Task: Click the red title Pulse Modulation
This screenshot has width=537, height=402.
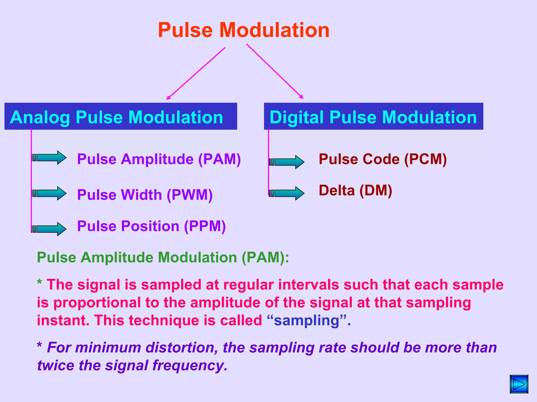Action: pyautogui.click(x=244, y=30)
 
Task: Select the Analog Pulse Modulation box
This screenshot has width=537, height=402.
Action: pyautogui.click(x=121, y=116)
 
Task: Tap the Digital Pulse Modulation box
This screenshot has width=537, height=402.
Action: pyautogui.click(x=373, y=116)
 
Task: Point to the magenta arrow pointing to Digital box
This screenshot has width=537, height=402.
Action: pyautogui.click(x=275, y=71)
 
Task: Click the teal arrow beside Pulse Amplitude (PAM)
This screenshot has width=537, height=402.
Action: pyautogui.click(x=49, y=158)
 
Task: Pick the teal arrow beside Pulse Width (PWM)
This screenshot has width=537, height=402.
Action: pyautogui.click(x=49, y=193)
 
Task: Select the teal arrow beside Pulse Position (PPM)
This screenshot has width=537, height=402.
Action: pyautogui.click(x=49, y=229)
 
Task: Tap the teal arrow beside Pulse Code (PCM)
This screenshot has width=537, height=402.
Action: pyautogui.click(x=287, y=162)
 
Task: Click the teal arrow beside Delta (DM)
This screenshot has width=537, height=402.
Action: pyautogui.click(x=287, y=193)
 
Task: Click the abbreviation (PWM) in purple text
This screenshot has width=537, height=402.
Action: pyautogui.click(x=190, y=195)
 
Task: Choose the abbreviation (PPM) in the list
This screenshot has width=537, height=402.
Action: pyautogui.click(x=205, y=226)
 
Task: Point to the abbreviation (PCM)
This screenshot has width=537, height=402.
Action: pyautogui.click(x=425, y=159)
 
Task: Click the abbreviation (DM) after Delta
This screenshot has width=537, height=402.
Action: pyautogui.click(x=376, y=191)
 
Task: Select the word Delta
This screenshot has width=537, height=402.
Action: pyautogui.click(x=337, y=191)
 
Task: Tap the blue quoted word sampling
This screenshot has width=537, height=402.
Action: pyautogui.click(x=307, y=321)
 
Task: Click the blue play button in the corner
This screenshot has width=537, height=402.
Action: pyautogui.click(x=519, y=384)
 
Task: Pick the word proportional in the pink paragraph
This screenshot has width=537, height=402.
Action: pyautogui.click(x=97, y=303)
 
